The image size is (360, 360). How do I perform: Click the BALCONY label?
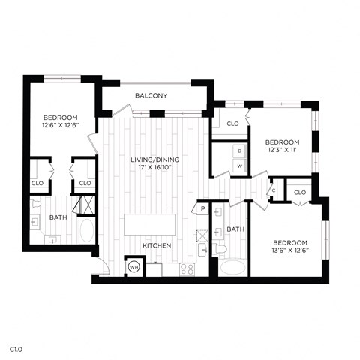(x=151, y=96)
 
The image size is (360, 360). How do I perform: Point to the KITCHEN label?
(x=157, y=246)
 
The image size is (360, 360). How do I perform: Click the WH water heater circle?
(x=133, y=266)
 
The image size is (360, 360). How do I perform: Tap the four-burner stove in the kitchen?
(x=187, y=267)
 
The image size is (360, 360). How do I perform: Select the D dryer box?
(x=240, y=151)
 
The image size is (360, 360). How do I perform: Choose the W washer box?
(x=240, y=166)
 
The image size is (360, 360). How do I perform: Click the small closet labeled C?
(x=274, y=190)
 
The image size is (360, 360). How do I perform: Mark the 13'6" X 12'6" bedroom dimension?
(x=289, y=251)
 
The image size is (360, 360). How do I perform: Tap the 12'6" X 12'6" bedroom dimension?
(x=60, y=125)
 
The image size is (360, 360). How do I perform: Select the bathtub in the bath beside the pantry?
(x=232, y=267)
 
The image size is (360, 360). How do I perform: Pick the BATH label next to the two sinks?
(x=235, y=229)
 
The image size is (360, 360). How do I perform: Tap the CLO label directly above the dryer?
(x=232, y=124)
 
